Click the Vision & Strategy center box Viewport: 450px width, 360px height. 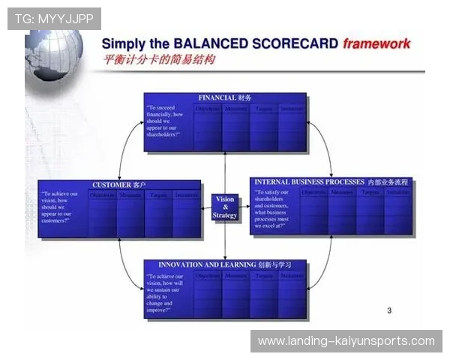(x=224, y=208)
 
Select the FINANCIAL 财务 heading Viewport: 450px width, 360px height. (x=225, y=98)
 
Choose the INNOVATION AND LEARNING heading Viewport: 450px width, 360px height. (x=225, y=265)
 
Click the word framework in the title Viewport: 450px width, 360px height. (x=376, y=43)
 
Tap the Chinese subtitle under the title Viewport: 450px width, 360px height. (x=158, y=60)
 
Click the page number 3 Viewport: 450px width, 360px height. (x=388, y=310)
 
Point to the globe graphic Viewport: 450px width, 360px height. (x=52, y=52)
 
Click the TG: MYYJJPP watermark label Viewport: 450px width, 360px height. (x=54, y=18)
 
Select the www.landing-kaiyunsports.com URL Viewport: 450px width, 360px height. (x=346, y=341)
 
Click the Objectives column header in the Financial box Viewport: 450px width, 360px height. (x=208, y=109)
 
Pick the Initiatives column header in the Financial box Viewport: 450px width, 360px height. (x=292, y=109)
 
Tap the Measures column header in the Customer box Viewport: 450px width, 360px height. (x=130, y=196)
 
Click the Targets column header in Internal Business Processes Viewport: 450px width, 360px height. (x=370, y=193)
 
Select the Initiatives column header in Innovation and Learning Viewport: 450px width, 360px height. (x=292, y=276)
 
